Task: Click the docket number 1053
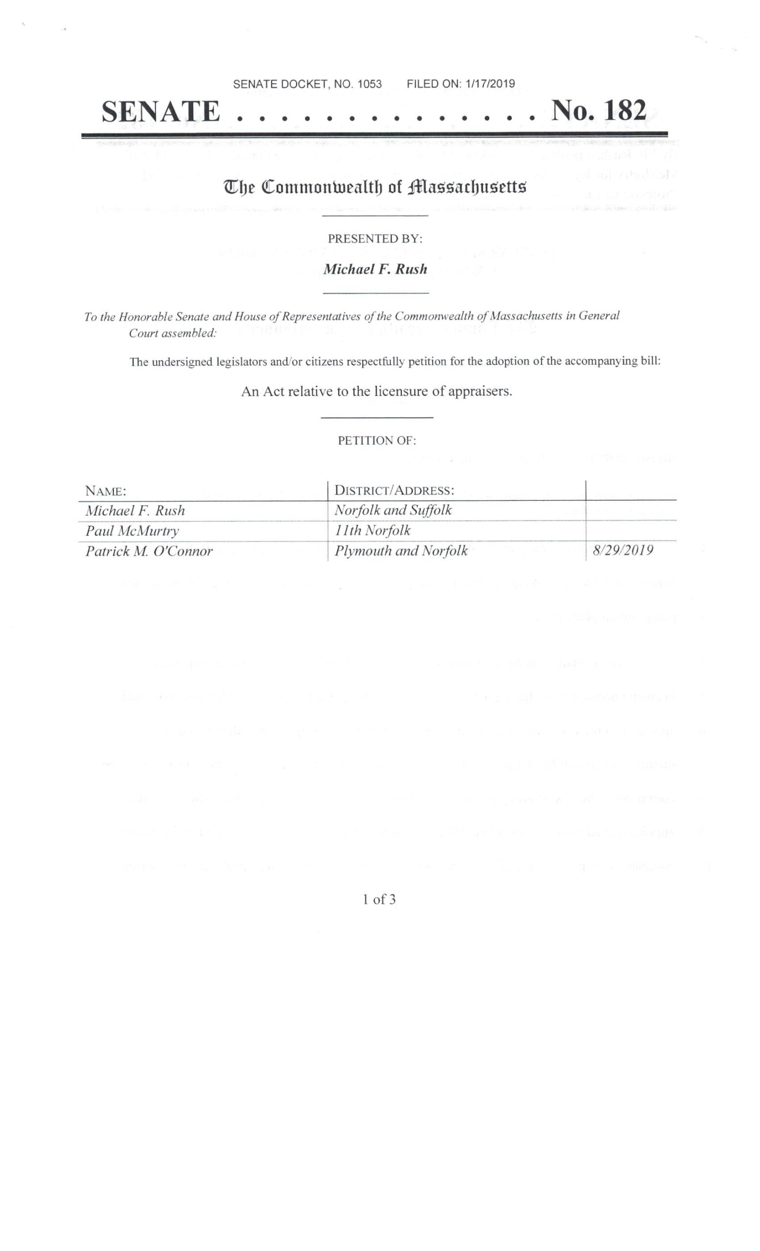point(369,84)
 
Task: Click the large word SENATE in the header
point(161,112)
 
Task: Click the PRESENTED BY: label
point(375,238)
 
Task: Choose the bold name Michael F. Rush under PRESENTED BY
point(376,269)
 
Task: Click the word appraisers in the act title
point(479,391)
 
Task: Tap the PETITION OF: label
point(377,441)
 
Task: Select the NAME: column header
point(106,492)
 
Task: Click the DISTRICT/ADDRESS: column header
point(394,491)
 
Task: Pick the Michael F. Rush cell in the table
point(135,511)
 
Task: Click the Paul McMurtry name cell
point(132,531)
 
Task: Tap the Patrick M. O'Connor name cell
point(149,551)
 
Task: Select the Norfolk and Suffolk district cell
point(393,510)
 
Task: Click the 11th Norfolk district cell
point(372,531)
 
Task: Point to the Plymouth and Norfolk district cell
point(401,551)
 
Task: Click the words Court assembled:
point(173,334)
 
